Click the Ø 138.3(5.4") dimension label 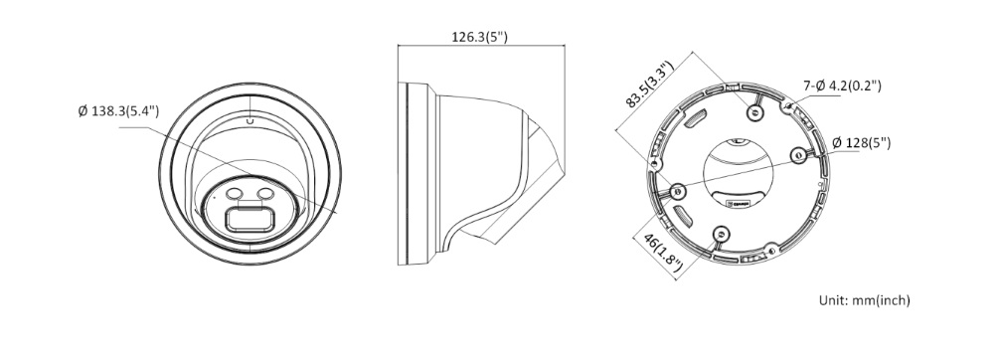point(118,111)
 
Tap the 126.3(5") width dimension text point(480,37)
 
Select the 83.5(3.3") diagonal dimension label point(649,85)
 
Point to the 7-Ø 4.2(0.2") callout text point(842,86)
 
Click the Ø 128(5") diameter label point(861,143)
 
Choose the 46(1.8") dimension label point(663,253)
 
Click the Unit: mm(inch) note point(865,300)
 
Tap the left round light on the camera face point(235,194)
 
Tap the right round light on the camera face point(264,194)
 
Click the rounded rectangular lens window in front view point(250,220)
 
